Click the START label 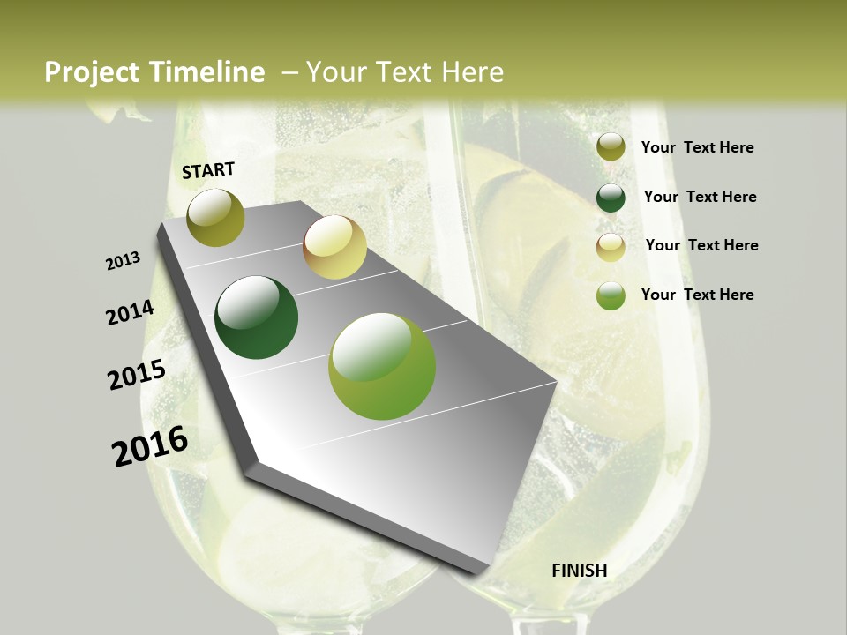coord(208,170)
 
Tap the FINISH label coord(580,571)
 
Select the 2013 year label coord(124,261)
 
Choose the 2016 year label coord(150,446)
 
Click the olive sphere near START coord(216,217)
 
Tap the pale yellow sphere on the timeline coord(334,247)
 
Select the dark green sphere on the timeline coord(257,317)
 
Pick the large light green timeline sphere coord(382,366)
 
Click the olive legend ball coord(611,147)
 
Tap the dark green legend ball coord(611,198)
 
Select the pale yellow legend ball coord(611,247)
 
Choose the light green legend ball coord(611,295)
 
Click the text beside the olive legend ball coord(697,148)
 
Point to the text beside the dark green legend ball coord(700,197)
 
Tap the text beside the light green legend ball coord(697,295)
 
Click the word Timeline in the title coord(207,72)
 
